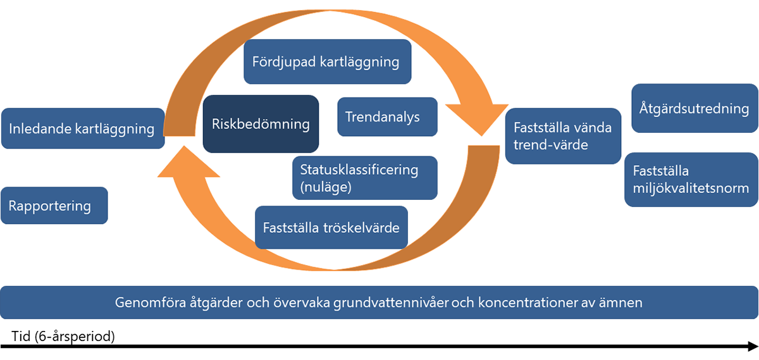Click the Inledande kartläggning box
82,129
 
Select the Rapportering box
54,206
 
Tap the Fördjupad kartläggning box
327,61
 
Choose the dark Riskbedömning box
260,124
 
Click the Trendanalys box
387,117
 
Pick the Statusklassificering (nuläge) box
364,178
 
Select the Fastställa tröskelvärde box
331,227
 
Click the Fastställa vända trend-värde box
563,136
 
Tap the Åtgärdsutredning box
694,109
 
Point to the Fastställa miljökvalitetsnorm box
691,180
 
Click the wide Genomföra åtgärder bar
379,302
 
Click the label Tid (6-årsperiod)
63,336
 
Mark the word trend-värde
551,145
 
